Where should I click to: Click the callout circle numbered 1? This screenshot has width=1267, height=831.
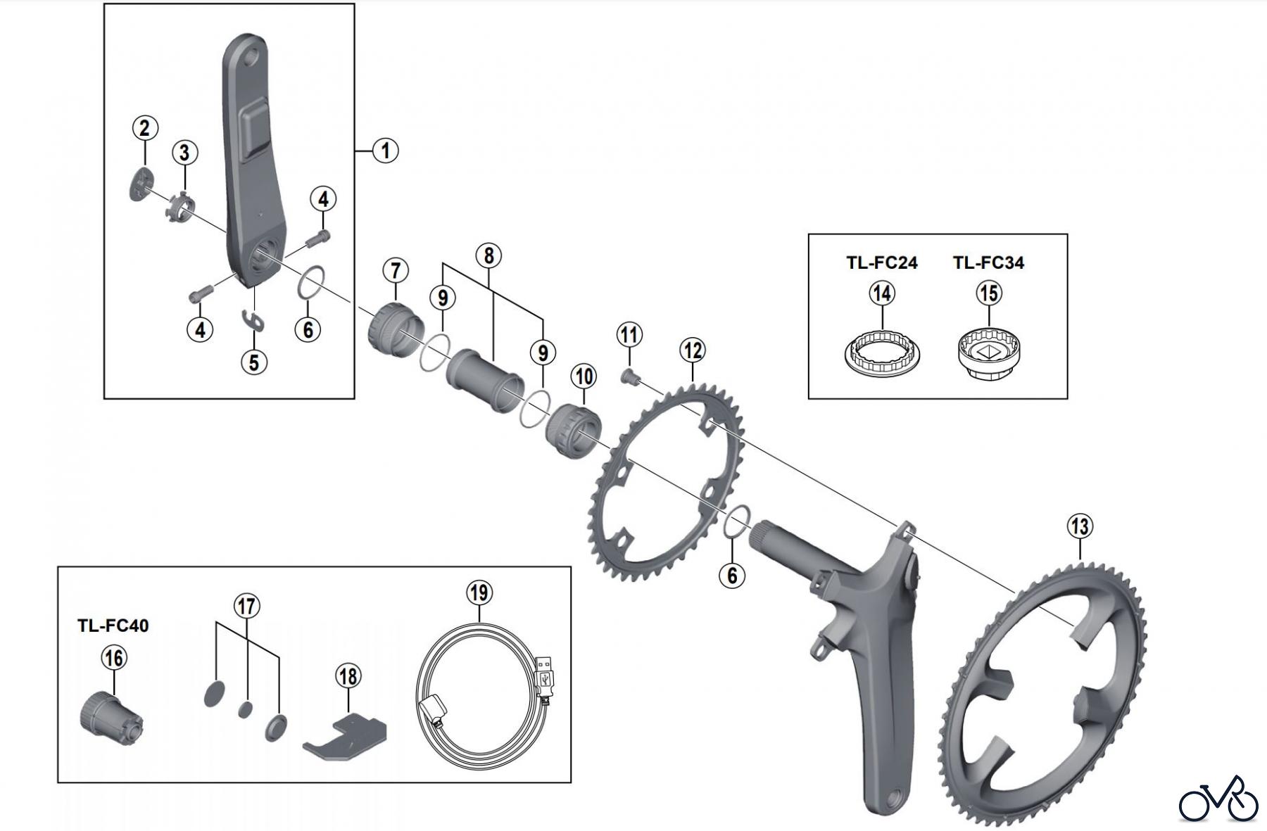[x=385, y=151]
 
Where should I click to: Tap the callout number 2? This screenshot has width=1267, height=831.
[x=144, y=129]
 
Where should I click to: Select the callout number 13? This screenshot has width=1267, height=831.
[x=1080, y=526]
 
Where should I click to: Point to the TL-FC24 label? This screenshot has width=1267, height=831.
[x=881, y=263]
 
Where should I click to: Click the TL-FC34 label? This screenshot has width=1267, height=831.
[x=988, y=263]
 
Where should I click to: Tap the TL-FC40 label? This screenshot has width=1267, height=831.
[x=113, y=626]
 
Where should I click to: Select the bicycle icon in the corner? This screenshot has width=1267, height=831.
[x=1218, y=799]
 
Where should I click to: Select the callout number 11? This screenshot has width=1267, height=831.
[x=629, y=335]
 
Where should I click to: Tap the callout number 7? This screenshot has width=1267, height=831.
[x=396, y=271]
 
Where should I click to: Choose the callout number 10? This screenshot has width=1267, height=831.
[x=584, y=376]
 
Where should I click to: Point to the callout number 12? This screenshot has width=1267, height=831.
[x=693, y=350]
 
